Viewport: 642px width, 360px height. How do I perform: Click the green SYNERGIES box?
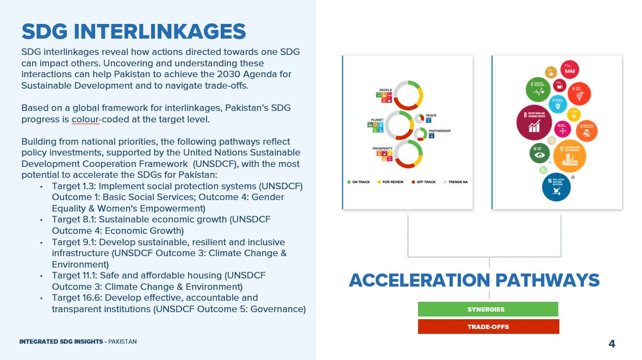(x=488, y=309)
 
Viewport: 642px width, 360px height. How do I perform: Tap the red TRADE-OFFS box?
(x=488, y=327)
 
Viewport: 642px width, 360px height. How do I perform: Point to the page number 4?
(x=612, y=344)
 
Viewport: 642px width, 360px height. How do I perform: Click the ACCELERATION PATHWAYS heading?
(x=474, y=280)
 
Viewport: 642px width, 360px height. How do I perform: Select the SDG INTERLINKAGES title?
(x=134, y=31)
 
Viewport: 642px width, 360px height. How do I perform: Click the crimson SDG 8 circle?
(x=534, y=122)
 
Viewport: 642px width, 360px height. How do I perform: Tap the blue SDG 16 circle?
(x=556, y=187)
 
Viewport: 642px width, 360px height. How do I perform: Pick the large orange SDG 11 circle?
(x=569, y=156)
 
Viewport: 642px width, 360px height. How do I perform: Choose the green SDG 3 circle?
(x=539, y=90)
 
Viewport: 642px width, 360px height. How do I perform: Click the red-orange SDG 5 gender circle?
(x=579, y=94)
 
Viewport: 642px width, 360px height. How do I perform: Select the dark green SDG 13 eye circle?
(x=540, y=153)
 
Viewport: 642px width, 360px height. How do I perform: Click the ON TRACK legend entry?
(x=359, y=182)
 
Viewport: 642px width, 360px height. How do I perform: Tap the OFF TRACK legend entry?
(x=424, y=182)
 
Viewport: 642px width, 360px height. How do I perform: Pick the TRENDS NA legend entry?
(x=456, y=182)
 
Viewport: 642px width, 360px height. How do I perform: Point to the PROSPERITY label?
(x=383, y=148)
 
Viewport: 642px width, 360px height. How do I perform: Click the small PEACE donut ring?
(x=419, y=119)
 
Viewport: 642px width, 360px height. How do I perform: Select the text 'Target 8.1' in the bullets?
(x=73, y=220)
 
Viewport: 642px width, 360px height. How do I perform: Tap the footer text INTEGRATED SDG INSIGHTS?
(x=61, y=342)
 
